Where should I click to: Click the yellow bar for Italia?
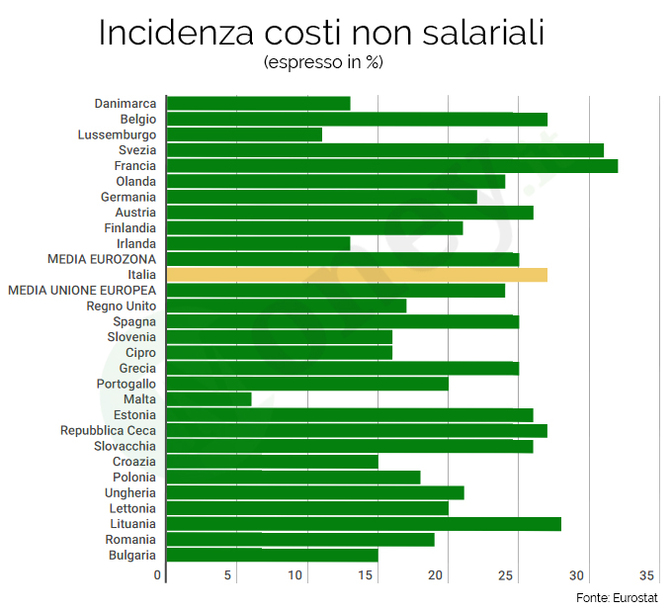coord(356,275)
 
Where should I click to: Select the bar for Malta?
coord(208,399)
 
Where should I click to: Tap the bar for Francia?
coord(391,166)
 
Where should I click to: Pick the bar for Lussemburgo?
coord(243,134)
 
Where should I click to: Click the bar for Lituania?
coord(363,524)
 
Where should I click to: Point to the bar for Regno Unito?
coord(285,306)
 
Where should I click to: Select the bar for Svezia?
coord(384,150)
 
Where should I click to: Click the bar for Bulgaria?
coord(271,555)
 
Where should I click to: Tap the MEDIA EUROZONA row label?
coord(102,259)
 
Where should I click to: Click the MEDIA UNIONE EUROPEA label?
coord(82,290)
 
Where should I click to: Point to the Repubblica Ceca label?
coord(108,430)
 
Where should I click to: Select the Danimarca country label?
coord(125,103)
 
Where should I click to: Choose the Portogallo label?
coord(126,384)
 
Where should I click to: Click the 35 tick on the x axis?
coord(647,575)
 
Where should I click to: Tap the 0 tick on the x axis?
coord(158,575)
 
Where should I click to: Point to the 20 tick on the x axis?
coord(437,575)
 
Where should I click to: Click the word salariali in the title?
coord(464,32)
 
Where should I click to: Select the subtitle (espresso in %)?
coord(323,62)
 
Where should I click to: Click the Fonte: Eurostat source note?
coord(620,597)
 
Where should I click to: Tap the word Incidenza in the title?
coord(180,32)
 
